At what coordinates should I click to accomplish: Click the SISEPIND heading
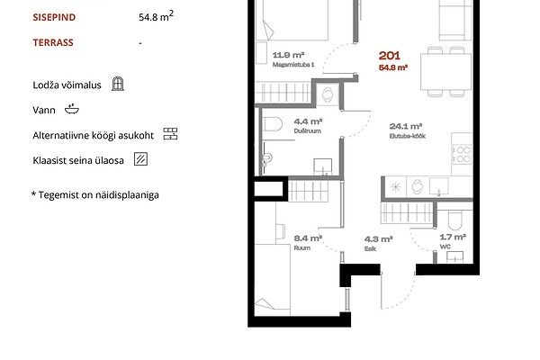click(x=54, y=17)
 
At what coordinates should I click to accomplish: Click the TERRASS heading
click(x=53, y=42)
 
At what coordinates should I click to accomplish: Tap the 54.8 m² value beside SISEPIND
click(x=156, y=16)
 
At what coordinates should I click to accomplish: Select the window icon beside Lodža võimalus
click(x=118, y=84)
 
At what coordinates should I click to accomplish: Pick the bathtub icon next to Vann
click(x=72, y=109)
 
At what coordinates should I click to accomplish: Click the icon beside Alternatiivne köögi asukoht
click(x=170, y=134)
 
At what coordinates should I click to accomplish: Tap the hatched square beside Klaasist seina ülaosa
click(x=140, y=159)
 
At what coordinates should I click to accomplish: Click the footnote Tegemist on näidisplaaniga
click(x=95, y=195)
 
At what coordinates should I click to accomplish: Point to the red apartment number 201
click(x=390, y=56)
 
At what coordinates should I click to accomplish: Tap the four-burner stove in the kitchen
click(x=462, y=154)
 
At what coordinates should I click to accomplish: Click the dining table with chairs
click(x=445, y=71)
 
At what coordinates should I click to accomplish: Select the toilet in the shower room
click(x=273, y=124)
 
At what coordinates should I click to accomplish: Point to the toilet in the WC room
click(x=454, y=220)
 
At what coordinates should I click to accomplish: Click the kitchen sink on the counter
click(x=439, y=186)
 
